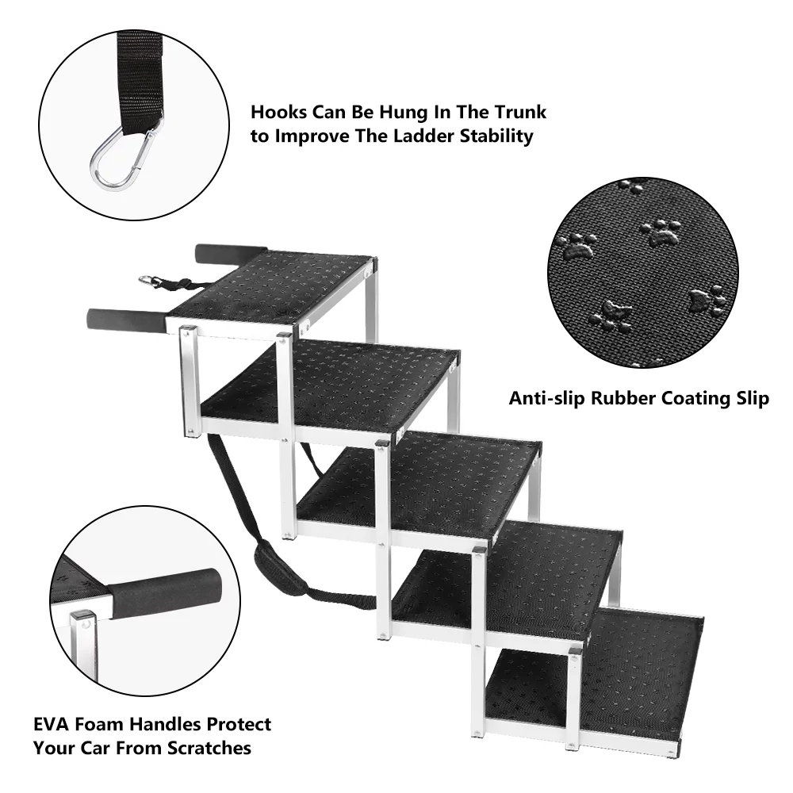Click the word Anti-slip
pos(547,398)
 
